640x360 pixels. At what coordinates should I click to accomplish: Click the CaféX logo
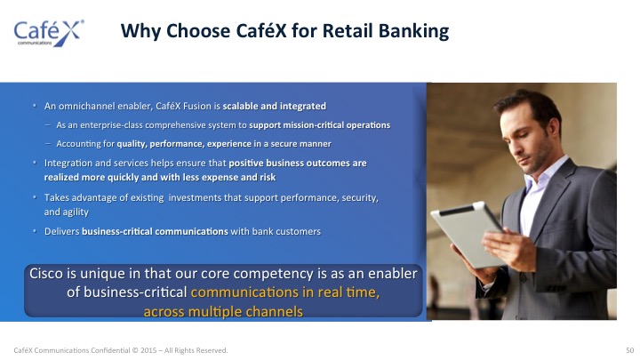(49, 33)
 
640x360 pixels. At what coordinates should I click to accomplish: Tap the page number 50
(630, 350)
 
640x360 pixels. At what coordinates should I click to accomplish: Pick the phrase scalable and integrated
(275, 106)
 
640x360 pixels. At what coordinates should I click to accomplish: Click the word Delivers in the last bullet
(61, 231)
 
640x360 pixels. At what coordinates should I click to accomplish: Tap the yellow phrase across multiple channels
(223, 311)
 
